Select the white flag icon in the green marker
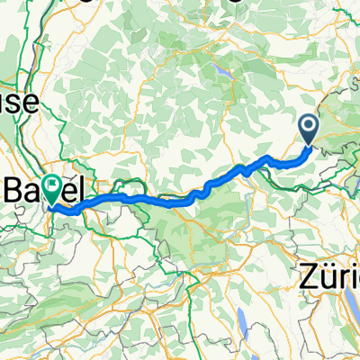(56, 185)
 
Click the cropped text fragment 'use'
(17, 103)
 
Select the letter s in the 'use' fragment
(17, 104)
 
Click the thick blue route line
(180, 200)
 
